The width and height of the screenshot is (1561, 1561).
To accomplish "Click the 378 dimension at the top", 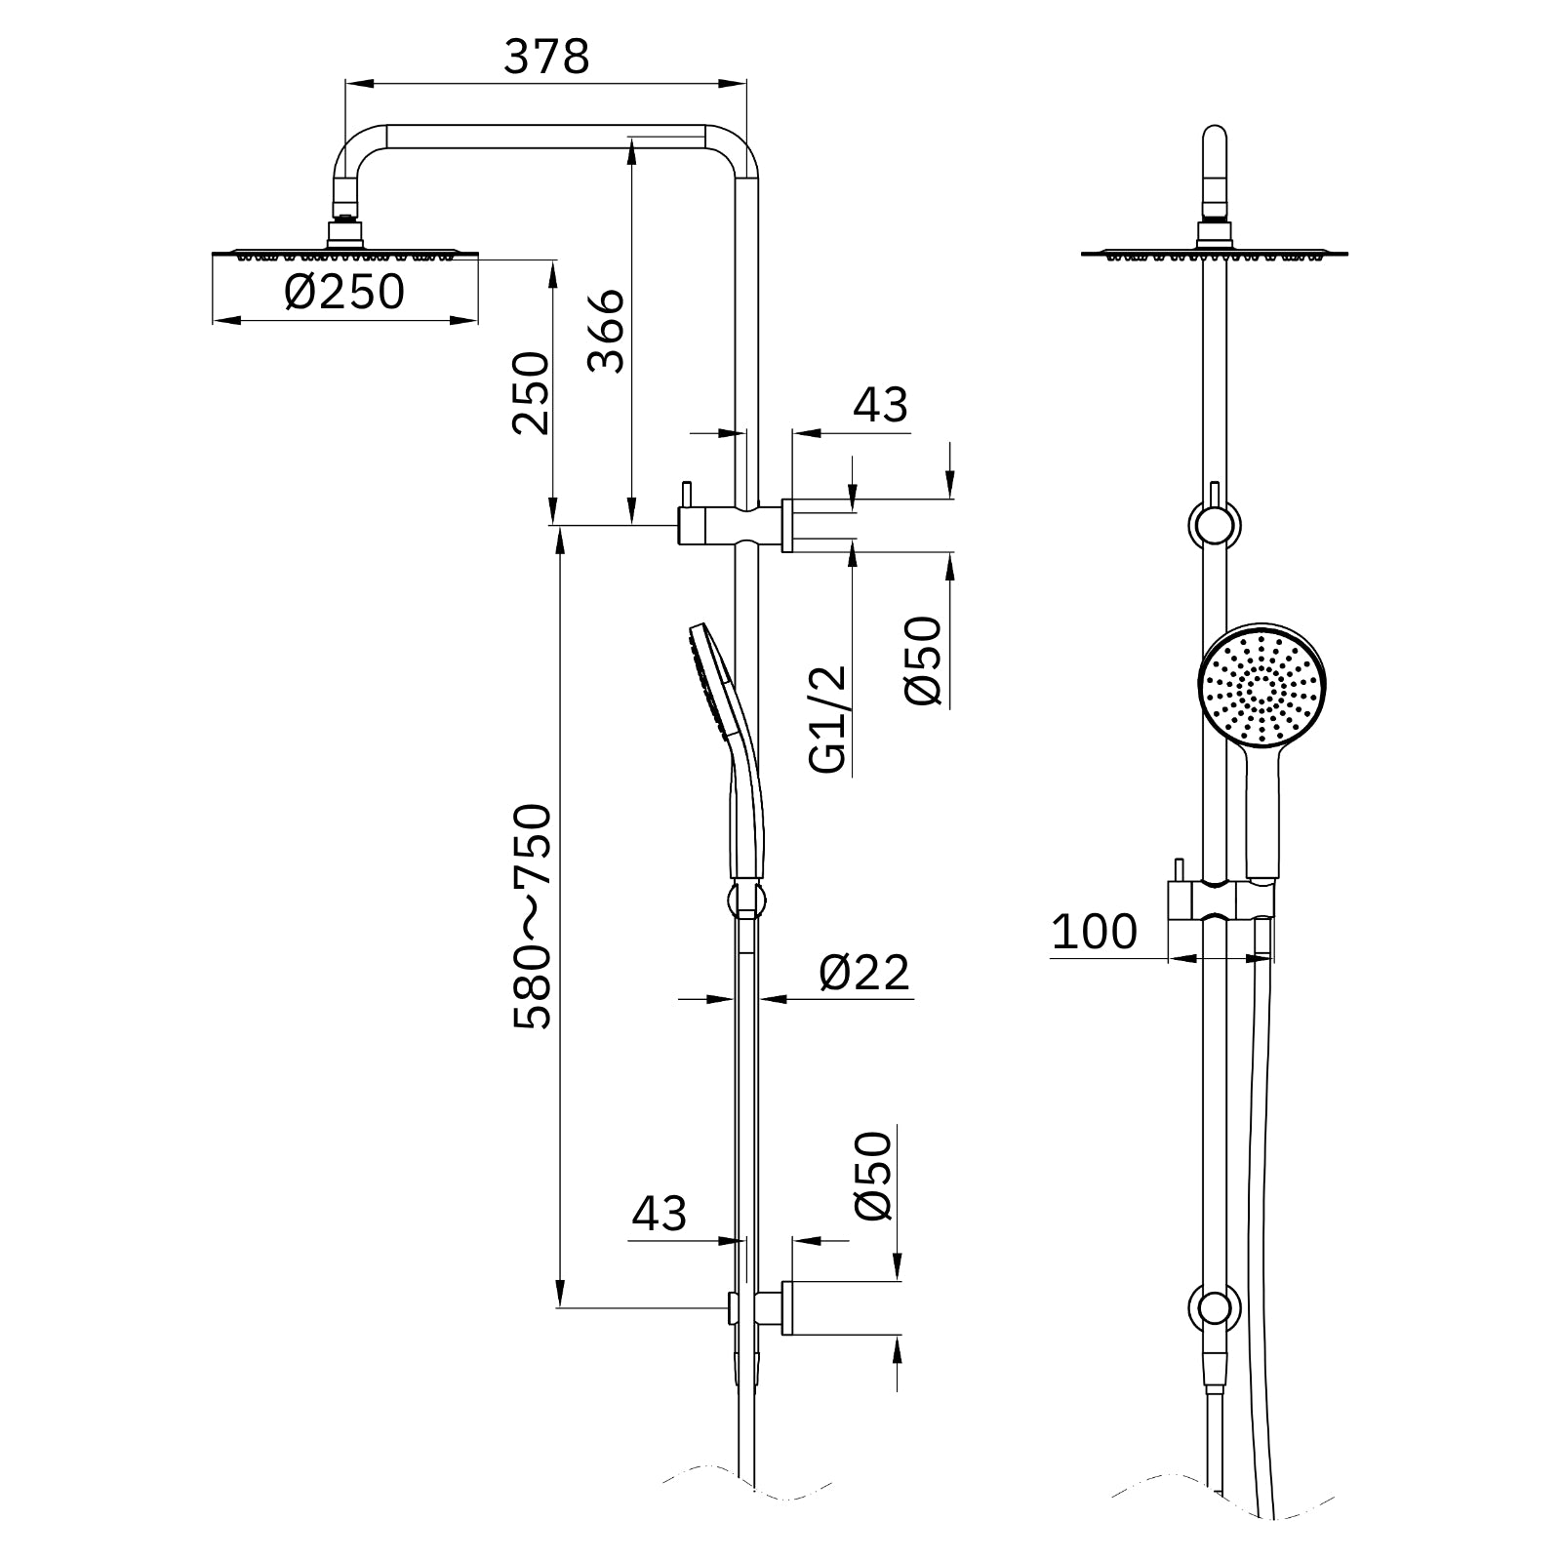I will point(546,57).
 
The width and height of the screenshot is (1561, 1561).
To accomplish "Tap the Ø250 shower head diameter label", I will point(344,292).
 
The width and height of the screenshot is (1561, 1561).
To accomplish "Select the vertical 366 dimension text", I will point(607,331).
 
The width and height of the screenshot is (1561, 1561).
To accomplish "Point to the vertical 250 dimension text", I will point(532,393).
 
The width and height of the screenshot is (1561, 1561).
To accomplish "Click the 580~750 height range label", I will point(533,916).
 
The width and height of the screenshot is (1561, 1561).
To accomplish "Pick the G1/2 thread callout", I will point(829,720).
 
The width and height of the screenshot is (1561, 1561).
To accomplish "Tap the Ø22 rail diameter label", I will point(864,972).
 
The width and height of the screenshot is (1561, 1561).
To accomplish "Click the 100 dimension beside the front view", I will point(1094,931).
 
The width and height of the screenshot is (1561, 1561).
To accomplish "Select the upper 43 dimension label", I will point(880,404).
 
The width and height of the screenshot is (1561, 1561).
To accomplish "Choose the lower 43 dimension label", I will point(660,1214).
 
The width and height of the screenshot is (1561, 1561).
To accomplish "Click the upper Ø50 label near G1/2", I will point(923,660).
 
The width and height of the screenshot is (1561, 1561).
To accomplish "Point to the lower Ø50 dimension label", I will point(873,1176).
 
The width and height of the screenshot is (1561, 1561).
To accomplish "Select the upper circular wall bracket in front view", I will point(1214,524).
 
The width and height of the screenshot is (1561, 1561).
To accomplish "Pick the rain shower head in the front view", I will point(1215,254).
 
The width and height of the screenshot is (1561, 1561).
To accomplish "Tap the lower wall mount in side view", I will point(771,1308).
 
